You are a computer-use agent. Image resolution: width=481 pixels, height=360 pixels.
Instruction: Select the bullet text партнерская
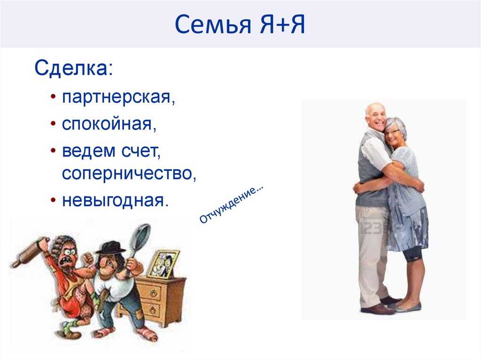118,98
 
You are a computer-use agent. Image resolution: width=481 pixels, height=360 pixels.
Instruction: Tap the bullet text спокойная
109,125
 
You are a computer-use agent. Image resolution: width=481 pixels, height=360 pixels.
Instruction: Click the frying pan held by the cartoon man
141,237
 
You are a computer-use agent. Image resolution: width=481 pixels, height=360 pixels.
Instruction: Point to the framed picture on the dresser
163,263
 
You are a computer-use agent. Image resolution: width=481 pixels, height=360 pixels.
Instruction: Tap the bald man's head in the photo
375,115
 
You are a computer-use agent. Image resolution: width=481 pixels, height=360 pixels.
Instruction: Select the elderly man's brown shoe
378,308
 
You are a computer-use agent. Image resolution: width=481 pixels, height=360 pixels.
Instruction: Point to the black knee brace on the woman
412,254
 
